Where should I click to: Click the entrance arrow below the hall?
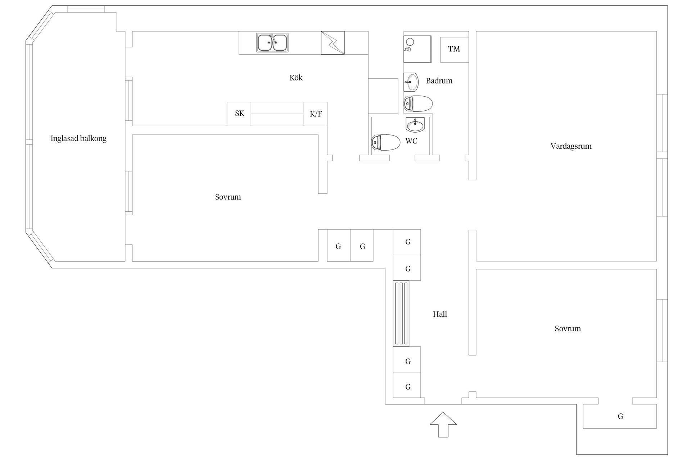pyautogui.click(x=443, y=425)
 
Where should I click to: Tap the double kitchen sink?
pyautogui.click(x=272, y=43)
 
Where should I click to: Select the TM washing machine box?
pyautogui.click(x=455, y=50)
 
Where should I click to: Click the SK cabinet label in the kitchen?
pyautogui.click(x=240, y=114)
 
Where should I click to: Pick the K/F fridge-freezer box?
pyautogui.click(x=315, y=114)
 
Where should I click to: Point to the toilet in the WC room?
pyautogui.click(x=386, y=142)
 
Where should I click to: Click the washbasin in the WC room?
pyautogui.click(x=415, y=124)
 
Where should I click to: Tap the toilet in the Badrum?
pyautogui.click(x=418, y=103)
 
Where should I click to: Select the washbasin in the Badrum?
pyautogui.click(x=411, y=82)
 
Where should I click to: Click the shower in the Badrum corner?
pyautogui.click(x=417, y=49)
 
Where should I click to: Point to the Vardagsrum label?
pyautogui.click(x=571, y=146)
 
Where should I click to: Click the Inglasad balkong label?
pyautogui.click(x=78, y=139)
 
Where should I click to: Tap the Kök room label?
pyautogui.click(x=296, y=78)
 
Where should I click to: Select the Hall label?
pyautogui.click(x=440, y=314)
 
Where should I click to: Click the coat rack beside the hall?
pyautogui.click(x=401, y=313)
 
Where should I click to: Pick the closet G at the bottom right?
pyautogui.click(x=620, y=416)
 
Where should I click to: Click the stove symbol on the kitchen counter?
pyautogui.click(x=333, y=43)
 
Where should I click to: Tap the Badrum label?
pyautogui.click(x=439, y=81)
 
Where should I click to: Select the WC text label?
pyautogui.click(x=411, y=141)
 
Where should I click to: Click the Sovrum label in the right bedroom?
pyautogui.click(x=568, y=328)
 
